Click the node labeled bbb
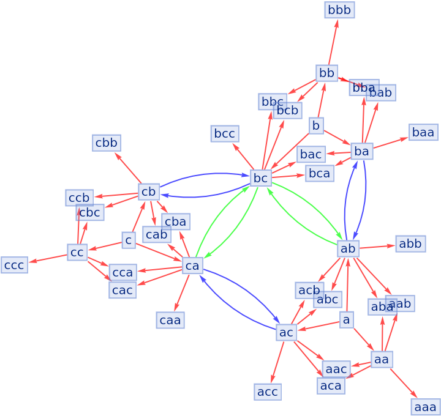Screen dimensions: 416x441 [339, 10]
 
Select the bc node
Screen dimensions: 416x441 [261, 178]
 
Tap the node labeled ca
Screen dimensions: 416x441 [192, 266]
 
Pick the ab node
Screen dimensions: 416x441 [348, 248]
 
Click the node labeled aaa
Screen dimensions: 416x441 [425, 407]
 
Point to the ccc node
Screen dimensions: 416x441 [14, 265]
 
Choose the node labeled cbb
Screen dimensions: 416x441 [107, 143]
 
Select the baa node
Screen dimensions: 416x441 [423, 132]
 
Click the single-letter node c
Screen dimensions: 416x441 [128, 240]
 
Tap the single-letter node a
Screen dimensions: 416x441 [347, 319]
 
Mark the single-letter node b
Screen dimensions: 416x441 [316, 125]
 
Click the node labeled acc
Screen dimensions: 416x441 [268, 392]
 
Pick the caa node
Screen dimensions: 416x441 [170, 320]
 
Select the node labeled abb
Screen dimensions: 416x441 [410, 243]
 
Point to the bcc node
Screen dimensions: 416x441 [225, 133]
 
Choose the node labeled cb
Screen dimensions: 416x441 [149, 191]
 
